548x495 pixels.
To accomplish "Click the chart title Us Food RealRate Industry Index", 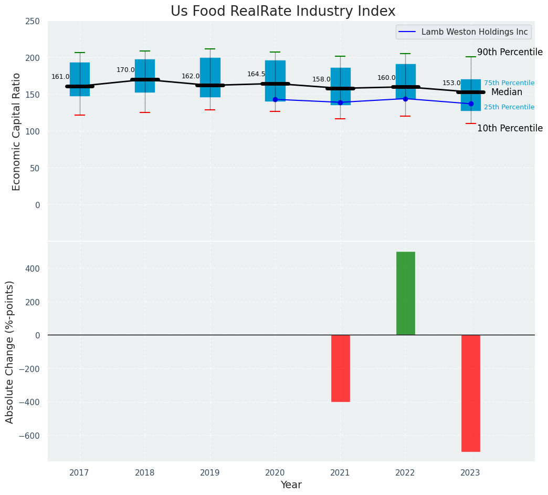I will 283,12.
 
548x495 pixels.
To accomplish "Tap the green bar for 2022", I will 405,293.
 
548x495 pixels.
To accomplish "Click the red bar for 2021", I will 340,368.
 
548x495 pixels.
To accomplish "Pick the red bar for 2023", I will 470,393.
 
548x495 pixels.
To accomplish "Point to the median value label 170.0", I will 125,70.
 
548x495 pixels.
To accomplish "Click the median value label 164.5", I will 256,74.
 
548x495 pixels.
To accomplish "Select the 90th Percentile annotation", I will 510,52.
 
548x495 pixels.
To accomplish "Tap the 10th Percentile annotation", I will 510,128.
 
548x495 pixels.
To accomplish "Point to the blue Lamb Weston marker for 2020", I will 275,99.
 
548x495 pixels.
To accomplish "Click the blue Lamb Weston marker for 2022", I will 405,99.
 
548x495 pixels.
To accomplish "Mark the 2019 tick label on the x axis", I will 210,473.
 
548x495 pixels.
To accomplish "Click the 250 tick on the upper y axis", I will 33,21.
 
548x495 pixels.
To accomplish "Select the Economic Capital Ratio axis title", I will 16,131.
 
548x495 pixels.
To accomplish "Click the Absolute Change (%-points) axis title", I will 10,352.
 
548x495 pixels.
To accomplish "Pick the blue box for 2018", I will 145,76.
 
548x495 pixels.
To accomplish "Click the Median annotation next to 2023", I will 507,92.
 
